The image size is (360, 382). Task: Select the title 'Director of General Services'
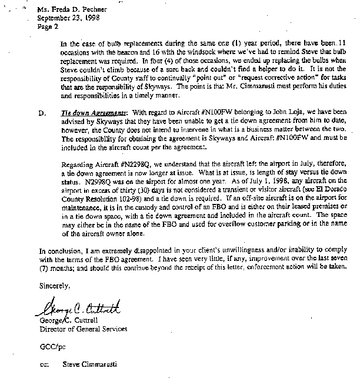[x=85, y=329]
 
